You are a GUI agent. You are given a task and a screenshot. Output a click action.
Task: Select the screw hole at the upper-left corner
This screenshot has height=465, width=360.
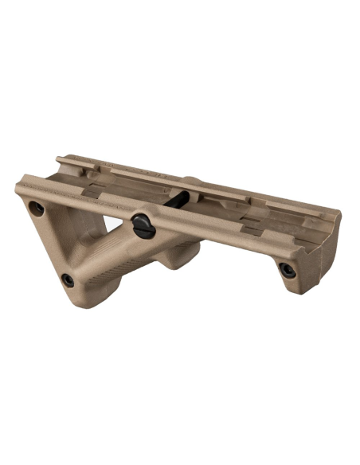coord(35,209)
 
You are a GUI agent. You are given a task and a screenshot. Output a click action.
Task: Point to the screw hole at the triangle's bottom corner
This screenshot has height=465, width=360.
coord(68,280)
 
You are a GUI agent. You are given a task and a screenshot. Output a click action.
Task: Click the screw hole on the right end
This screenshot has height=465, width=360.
coord(288,270)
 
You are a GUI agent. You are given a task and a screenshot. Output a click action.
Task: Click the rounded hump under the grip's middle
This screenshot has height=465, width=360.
coord(179,256)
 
